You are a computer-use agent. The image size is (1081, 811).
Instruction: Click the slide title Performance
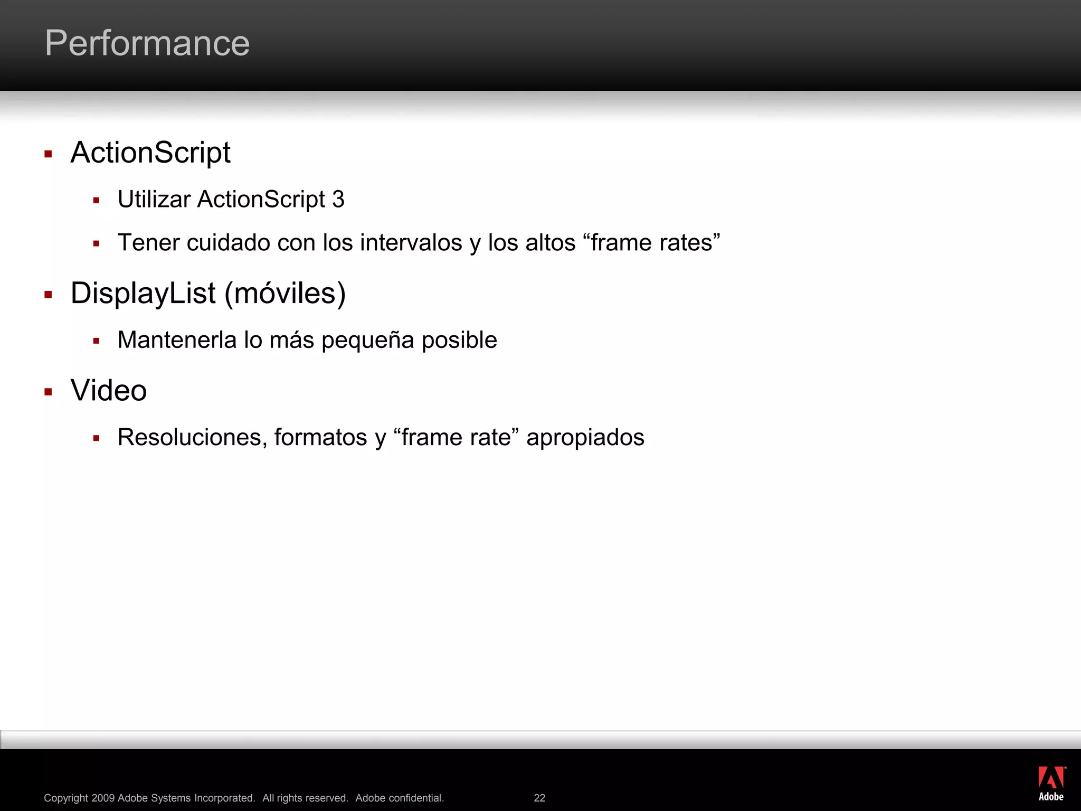[147, 43]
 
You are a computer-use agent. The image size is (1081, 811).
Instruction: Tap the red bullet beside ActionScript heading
[48, 154]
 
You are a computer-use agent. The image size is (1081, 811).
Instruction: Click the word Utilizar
[154, 200]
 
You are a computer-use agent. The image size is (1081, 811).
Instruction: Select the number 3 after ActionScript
[338, 200]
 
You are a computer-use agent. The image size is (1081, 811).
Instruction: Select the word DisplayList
[143, 293]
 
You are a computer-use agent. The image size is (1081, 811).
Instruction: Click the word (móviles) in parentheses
[285, 294]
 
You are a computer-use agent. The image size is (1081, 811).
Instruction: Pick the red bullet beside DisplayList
[48, 295]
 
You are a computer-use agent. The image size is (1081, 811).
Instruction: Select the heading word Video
[109, 391]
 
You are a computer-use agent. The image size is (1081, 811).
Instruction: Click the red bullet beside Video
[48, 392]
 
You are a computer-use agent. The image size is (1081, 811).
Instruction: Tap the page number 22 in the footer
[539, 798]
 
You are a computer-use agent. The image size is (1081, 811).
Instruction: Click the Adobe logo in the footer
[1051, 784]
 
